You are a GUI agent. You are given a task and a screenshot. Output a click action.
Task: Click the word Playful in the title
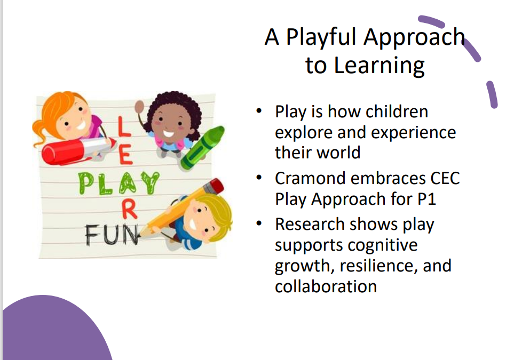(321, 37)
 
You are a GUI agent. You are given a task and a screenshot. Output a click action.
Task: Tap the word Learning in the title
(379, 66)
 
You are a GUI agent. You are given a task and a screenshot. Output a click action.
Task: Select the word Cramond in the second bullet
(310, 179)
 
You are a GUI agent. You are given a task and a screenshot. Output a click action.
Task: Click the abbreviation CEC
(445, 179)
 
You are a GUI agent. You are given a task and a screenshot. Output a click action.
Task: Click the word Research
(310, 225)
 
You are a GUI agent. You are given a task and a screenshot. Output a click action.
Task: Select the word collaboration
(326, 286)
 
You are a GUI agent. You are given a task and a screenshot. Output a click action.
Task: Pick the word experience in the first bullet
(413, 133)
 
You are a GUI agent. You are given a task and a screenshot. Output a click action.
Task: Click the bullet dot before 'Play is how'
(259, 111)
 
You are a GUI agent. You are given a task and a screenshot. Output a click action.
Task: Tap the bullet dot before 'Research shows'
(259, 223)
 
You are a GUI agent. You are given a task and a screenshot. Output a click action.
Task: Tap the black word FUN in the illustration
(112, 235)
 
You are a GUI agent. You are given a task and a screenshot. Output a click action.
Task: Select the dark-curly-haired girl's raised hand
(140, 107)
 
